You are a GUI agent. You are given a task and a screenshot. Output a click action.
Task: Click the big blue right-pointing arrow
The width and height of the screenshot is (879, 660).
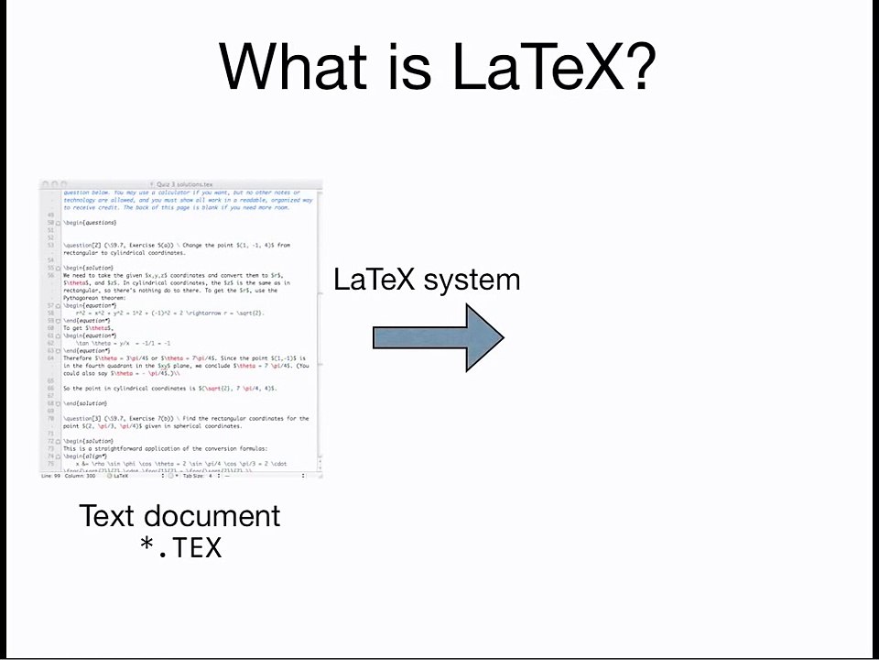pyautogui.click(x=438, y=338)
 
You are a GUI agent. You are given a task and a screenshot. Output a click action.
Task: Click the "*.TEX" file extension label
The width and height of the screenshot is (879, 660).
pyautogui.click(x=180, y=548)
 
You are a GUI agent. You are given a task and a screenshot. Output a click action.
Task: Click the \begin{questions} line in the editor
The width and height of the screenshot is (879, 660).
pyautogui.click(x=90, y=223)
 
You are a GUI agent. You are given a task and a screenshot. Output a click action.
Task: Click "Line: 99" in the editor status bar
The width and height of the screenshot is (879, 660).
pyautogui.click(x=50, y=476)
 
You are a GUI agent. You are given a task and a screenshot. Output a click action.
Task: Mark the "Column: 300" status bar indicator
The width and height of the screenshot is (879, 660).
pyautogui.click(x=81, y=476)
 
